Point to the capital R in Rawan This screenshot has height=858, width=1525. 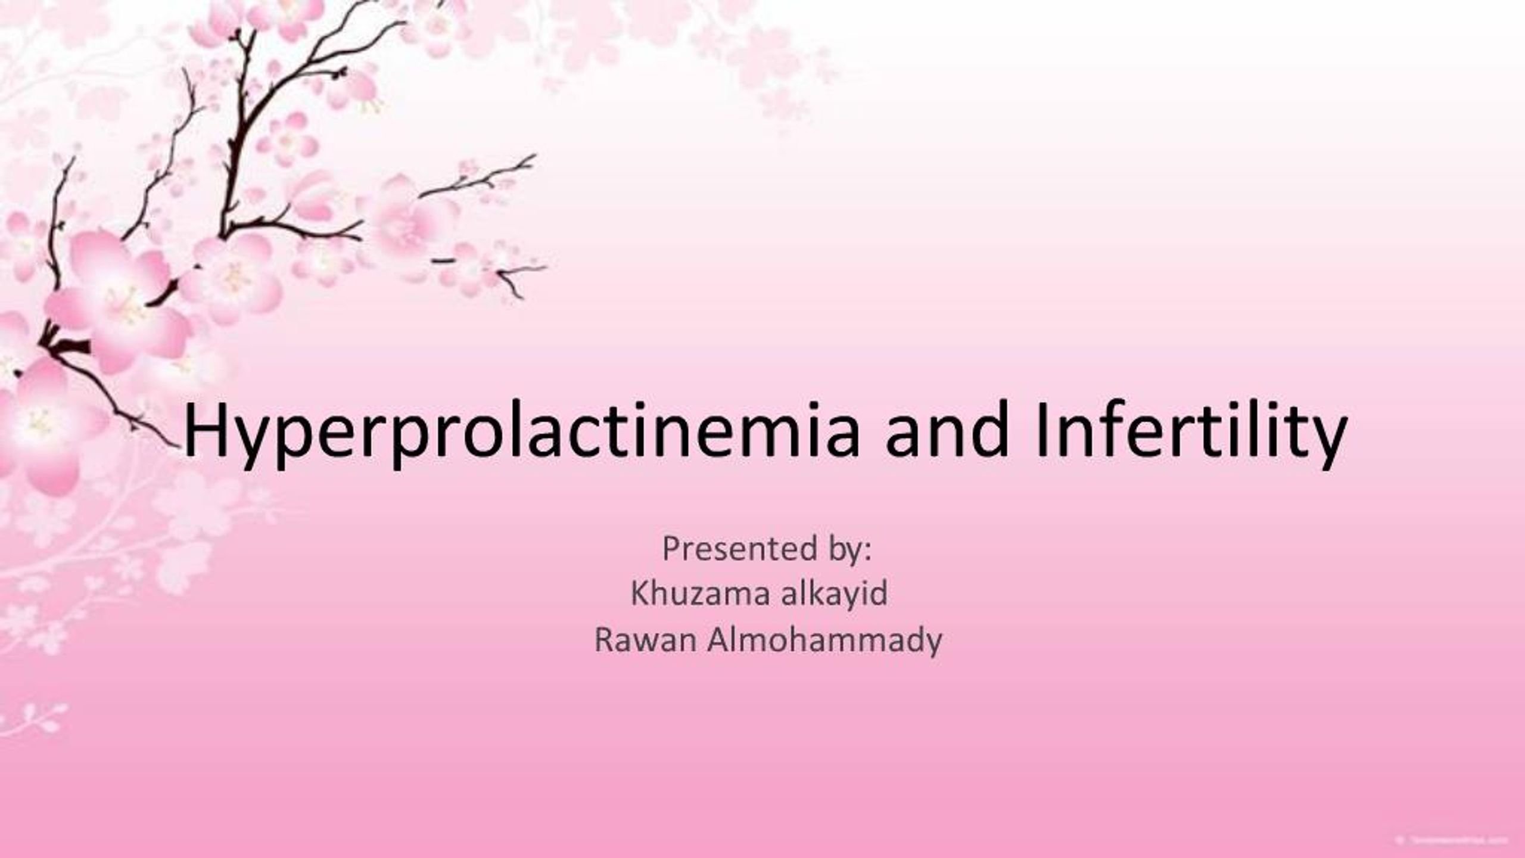point(603,641)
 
